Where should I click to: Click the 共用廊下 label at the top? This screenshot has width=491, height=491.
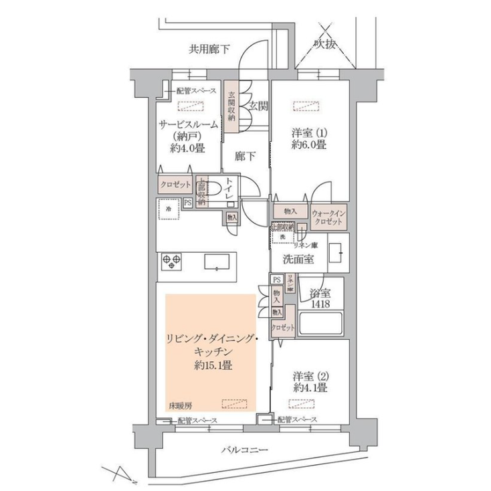[209, 48]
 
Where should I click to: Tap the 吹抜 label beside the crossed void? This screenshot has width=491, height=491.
[326, 44]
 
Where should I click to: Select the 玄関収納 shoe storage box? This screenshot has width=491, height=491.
[231, 108]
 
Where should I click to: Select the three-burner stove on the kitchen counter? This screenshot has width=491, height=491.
[171, 262]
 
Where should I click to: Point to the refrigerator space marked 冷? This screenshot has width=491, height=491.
[169, 209]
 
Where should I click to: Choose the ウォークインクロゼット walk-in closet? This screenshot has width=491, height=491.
[328, 217]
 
